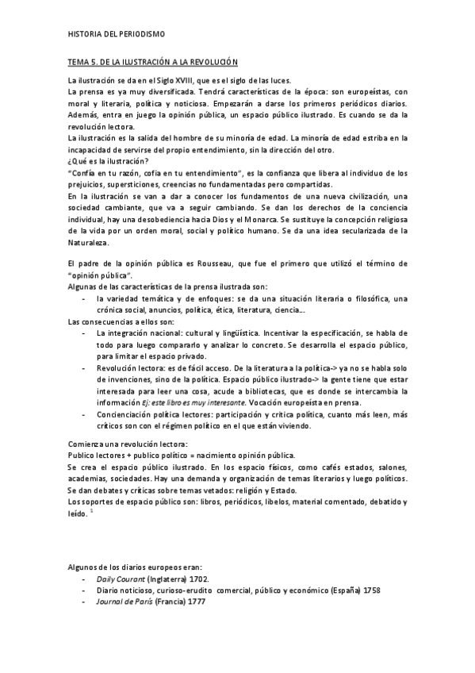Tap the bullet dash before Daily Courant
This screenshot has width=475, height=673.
point(85,579)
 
